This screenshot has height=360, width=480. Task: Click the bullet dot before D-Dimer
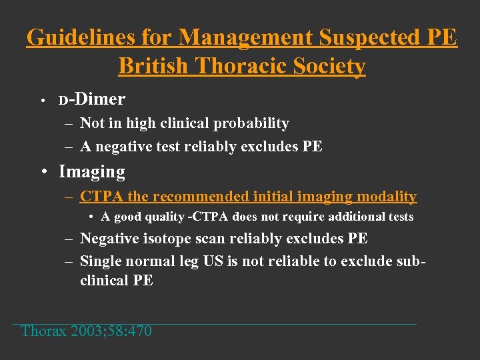[41, 101]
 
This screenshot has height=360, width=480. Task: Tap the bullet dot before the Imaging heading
[44, 173]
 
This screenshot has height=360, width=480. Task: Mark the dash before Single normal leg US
[69, 261]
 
